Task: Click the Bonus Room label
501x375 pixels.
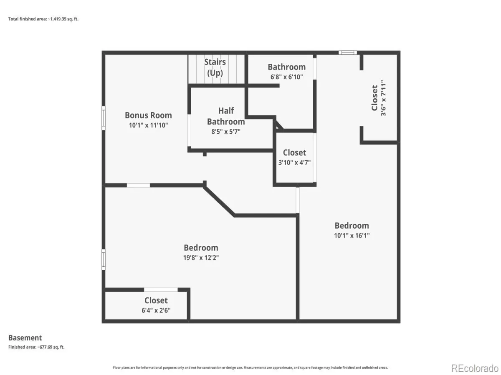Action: pos(148,115)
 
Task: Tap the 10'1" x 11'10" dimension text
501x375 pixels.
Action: pos(148,125)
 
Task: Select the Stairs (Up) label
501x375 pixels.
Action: pos(215,67)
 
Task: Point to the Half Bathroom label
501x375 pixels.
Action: pos(226,116)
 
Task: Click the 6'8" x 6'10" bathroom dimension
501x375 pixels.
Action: pos(287,77)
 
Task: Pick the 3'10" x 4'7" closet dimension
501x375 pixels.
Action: pos(294,162)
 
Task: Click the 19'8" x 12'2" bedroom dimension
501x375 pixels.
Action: pos(201,257)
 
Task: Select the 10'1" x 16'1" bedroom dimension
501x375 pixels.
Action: pos(352,235)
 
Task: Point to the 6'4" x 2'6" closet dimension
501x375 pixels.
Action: pos(156,310)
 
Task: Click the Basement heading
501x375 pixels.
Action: pos(25,337)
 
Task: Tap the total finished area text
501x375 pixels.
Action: pos(43,19)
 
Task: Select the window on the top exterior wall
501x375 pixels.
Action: pos(348,52)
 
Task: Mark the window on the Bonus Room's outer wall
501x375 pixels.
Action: pos(104,118)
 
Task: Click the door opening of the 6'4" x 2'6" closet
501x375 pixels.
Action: pos(161,290)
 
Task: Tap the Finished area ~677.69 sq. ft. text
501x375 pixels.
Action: pos(36,347)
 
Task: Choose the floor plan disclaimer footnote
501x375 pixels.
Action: pos(250,367)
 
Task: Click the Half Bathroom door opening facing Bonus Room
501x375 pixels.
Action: pos(189,130)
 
